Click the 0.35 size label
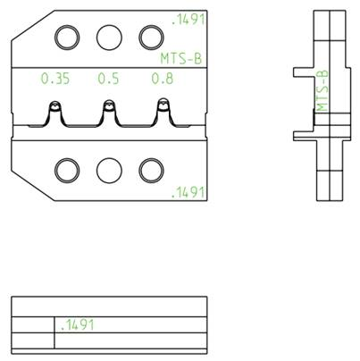click(x=55, y=79)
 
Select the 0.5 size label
click(x=108, y=79)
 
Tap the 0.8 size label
click(x=162, y=79)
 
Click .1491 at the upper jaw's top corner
click(x=188, y=17)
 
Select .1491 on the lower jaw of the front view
click(x=188, y=192)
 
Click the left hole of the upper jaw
click(x=67, y=38)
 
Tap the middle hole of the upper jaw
click(x=109, y=38)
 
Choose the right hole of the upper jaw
click(x=151, y=38)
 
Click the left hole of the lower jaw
click(x=67, y=170)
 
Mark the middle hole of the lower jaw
click(x=109, y=170)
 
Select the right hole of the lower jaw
click(x=151, y=170)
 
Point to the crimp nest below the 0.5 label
click(x=109, y=112)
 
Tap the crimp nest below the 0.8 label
click(x=163, y=112)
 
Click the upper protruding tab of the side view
click(x=305, y=72)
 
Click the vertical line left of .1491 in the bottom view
click(x=54, y=332)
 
